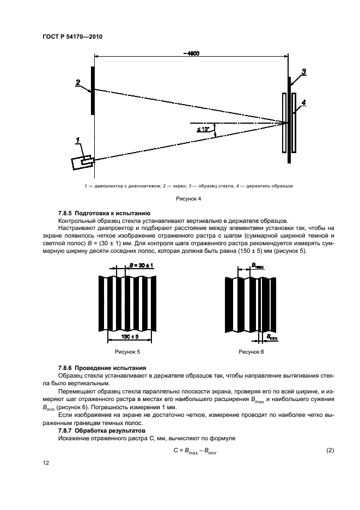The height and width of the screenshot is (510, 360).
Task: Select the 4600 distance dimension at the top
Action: pos(191,53)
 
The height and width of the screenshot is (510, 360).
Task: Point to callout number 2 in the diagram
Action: pos(78,82)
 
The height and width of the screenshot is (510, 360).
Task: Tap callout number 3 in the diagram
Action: pos(303,72)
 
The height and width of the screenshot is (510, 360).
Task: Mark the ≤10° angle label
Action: pos(203,129)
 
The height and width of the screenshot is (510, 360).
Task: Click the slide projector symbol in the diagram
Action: pos(82,162)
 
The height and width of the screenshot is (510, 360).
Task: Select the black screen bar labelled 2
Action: pos(93,90)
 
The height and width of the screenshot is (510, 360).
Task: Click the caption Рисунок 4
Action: pos(188,199)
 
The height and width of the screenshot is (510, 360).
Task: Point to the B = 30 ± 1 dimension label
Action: pos(141,265)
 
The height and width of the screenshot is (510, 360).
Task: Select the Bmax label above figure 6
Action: pos(258,266)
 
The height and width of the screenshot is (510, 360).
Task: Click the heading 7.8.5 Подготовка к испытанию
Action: pos(104,212)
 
